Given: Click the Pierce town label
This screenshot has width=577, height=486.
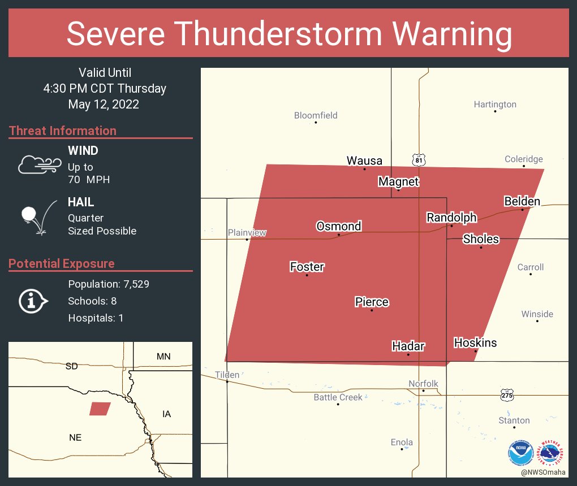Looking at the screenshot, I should pos(372,302).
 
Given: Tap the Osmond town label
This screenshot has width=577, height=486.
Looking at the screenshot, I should pos(338,226).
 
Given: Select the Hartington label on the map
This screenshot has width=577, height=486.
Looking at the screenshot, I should pos(495,105).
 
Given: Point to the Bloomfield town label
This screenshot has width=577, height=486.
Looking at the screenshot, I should pos(316,115).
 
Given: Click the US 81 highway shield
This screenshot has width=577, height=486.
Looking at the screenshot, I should pos(419,160).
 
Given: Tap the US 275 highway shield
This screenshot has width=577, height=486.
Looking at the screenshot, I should pos(506,394).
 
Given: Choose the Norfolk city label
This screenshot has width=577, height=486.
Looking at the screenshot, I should pos(423,384).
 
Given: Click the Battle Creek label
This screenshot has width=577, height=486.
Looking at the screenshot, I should pos(338,397).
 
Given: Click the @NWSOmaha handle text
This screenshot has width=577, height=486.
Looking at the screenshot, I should pos(544,472).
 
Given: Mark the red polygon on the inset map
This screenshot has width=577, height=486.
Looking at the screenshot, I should pos(100,409).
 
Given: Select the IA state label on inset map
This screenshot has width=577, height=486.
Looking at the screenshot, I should pos(166,414).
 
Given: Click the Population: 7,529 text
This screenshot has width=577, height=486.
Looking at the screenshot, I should pos(109,284).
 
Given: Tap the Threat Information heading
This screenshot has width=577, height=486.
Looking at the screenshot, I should pos(63,131).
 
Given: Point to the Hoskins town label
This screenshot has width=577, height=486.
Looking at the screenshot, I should pos(475,342).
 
